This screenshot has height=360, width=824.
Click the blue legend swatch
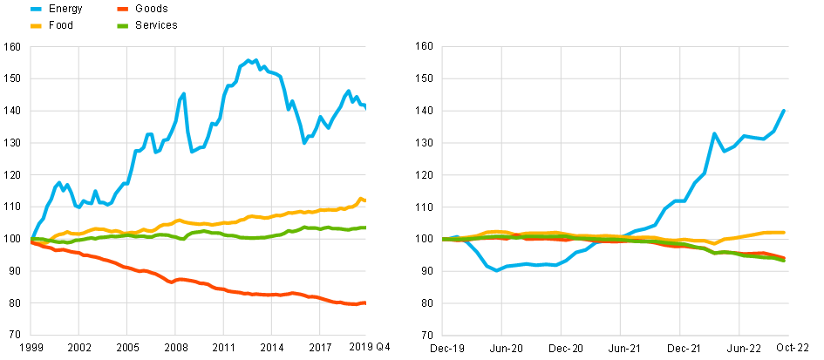click(36, 9)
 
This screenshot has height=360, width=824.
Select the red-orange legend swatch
click(123, 9)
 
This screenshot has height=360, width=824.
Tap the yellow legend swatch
click(36, 26)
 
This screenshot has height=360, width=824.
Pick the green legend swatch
click(123, 26)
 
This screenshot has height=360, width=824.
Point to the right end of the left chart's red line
click(364, 302)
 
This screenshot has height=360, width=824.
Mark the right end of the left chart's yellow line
click(364, 200)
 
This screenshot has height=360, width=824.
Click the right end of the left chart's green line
click(364, 228)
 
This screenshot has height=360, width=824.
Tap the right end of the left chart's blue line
click(364, 106)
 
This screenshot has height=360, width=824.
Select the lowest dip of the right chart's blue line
click(496, 270)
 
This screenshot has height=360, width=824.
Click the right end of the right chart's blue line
click(786, 111)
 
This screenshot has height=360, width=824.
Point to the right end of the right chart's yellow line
click(784, 233)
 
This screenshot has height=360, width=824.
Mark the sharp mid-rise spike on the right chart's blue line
click(713, 133)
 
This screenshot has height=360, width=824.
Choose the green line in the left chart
click(262, 237)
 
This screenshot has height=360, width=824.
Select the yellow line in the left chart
click(262, 216)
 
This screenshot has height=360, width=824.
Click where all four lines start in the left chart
click(31, 239)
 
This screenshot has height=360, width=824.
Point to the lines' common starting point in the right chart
click(444, 239)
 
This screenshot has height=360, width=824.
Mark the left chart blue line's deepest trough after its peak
click(304, 142)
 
